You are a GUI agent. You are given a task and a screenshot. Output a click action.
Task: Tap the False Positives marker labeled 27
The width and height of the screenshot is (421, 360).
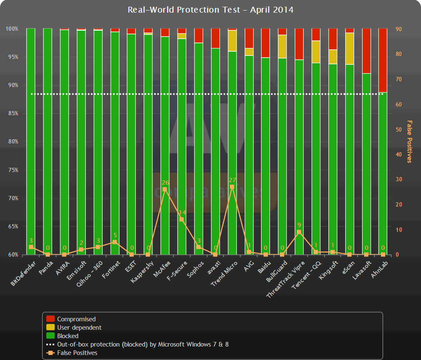coord(232,187)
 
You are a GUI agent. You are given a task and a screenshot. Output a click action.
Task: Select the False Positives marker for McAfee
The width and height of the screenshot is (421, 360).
coord(165,189)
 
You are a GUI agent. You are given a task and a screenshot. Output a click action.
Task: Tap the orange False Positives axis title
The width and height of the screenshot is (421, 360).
coord(409,142)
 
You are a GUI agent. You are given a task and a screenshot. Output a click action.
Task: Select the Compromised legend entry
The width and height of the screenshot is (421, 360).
coord(76,319)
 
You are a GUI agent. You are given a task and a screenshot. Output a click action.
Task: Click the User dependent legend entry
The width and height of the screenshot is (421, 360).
coord(79,328)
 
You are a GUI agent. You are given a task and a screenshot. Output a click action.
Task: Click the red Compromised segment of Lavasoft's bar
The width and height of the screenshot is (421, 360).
coord(366,51)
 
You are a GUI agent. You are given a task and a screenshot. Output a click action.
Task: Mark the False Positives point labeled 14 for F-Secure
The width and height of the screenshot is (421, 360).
coord(181,220)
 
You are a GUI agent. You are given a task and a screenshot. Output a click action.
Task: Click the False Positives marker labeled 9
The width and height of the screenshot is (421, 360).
coord(299,232)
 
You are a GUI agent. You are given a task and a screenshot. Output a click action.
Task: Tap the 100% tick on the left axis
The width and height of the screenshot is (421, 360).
coord(11,29)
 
